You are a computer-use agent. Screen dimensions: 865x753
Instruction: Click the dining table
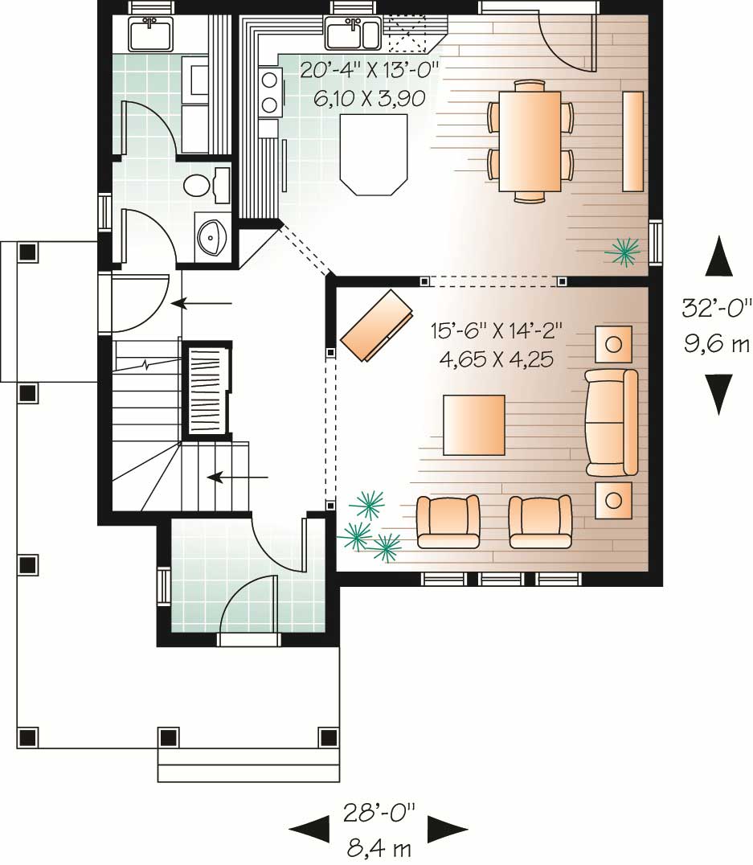click(x=530, y=141)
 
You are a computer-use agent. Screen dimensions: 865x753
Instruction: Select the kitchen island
click(x=373, y=153)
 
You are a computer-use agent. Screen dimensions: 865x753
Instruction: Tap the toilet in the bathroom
click(x=197, y=186)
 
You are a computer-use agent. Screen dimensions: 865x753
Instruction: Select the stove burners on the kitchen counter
click(x=271, y=92)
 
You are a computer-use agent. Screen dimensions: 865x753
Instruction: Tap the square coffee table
click(x=474, y=424)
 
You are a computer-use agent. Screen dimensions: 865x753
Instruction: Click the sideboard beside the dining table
click(x=633, y=141)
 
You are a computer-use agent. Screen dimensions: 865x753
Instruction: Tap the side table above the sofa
click(x=613, y=344)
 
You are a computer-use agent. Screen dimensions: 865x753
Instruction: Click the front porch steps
click(x=248, y=765)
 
